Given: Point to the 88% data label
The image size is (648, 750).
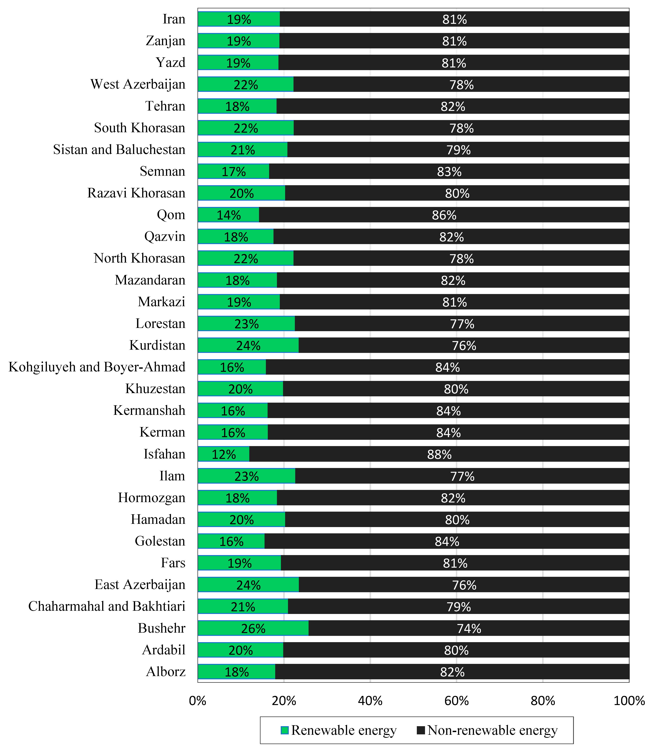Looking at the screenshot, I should (439, 454).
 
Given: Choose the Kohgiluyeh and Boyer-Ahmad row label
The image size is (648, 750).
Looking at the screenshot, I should (97, 367).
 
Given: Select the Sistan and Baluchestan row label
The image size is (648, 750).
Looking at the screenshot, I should (119, 150).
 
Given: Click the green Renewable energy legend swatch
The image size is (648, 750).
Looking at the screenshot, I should (285, 730).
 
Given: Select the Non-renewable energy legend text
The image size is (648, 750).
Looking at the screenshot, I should (492, 730).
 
